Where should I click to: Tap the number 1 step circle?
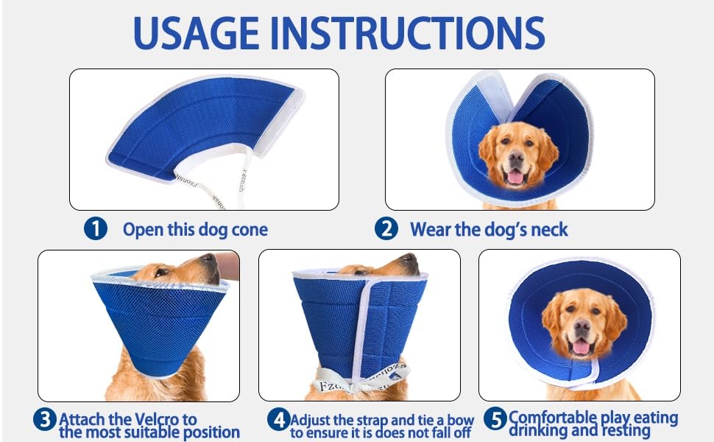tap(96, 229)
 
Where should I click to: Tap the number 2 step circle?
tap(386, 229)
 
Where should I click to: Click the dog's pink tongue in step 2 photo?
tap(516, 177)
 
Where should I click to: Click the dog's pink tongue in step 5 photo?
tap(582, 348)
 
